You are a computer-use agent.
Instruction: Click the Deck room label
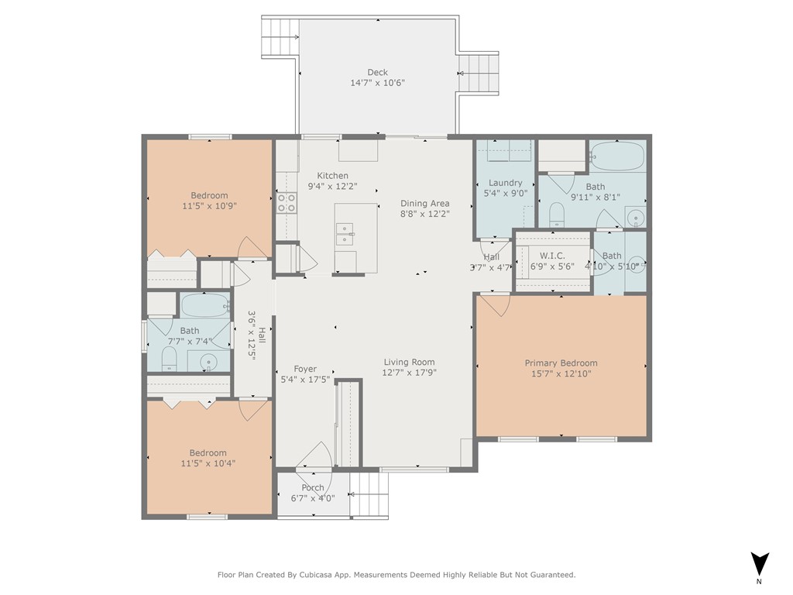377,72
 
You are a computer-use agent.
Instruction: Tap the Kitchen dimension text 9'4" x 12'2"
333,186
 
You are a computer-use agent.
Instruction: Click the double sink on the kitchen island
345,234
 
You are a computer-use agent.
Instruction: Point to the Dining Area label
425,204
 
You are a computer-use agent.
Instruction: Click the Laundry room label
505,183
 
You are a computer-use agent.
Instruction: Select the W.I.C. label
552,256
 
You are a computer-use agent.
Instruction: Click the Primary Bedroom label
561,363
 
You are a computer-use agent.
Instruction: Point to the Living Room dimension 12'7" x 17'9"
409,373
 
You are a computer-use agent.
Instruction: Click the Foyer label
305,370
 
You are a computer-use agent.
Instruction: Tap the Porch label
313,488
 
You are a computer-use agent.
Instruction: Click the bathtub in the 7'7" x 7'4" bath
205,305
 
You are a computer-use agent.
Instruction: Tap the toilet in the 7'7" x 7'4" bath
170,358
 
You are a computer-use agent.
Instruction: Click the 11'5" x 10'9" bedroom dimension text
209,206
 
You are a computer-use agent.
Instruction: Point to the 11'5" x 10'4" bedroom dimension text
208,463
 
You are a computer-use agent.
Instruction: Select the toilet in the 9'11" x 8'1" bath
556,215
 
